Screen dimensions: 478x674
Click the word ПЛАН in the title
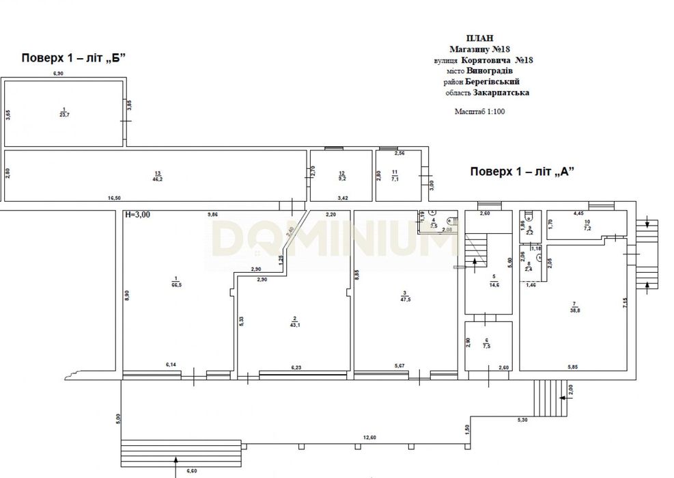pyautogui.click(x=478, y=38)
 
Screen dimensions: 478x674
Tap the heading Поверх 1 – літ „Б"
pyautogui.click(x=74, y=57)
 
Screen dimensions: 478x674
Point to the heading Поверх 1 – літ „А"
pyautogui.click(x=521, y=172)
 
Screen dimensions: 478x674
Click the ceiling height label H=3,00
pyautogui.click(x=137, y=214)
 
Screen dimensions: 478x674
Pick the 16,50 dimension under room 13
pyautogui.click(x=114, y=198)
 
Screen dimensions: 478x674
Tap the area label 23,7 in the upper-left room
pyautogui.click(x=64, y=114)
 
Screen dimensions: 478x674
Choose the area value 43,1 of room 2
pyautogui.click(x=294, y=323)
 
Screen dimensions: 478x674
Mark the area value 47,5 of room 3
pyautogui.click(x=406, y=299)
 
